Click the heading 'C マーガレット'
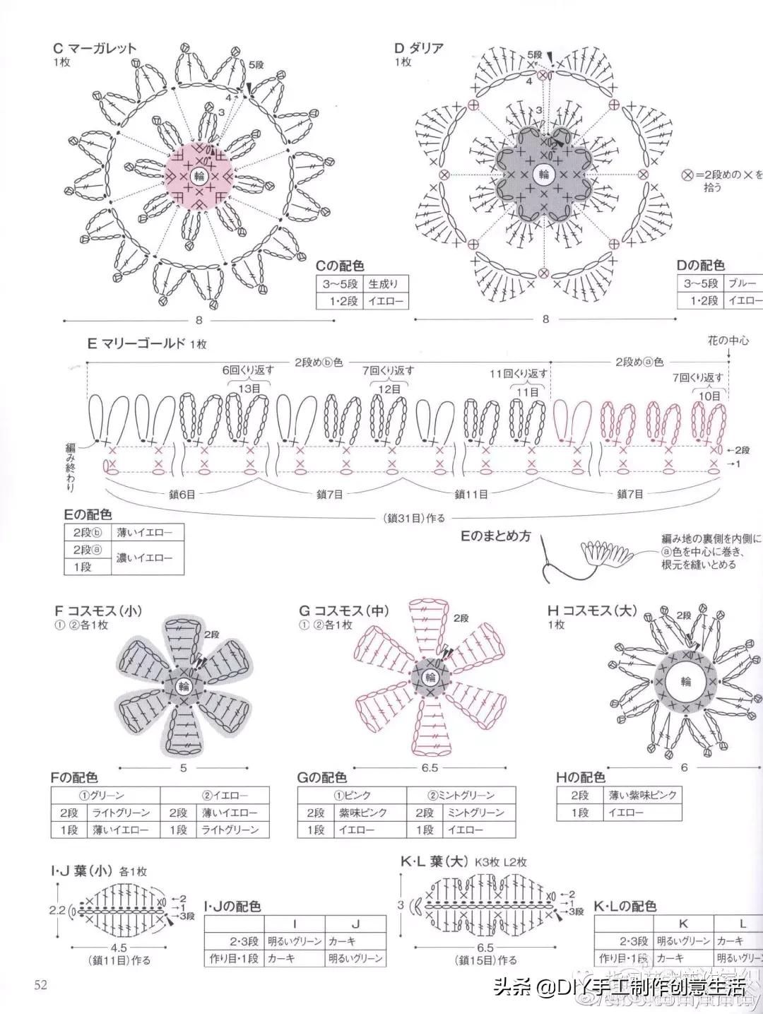pyautogui.click(x=95, y=49)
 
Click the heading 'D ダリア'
pyautogui.click(x=419, y=49)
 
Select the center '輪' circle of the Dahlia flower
pyautogui.click(x=543, y=174)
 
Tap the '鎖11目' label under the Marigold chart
pyautogui.click(x=471, y=494)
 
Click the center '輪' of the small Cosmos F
pyautogui.click(x=184, y=686)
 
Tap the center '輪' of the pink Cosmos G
pyautogui.click(x=430, y=678)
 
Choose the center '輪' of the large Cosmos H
pyautogui.click(x=685, y=681)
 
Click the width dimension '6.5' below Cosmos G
pyautogui.click(x=430, y=767)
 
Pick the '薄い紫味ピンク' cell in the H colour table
pyautogui.click(x=643, y=795)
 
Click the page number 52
pyautogui.click(x=40, y=984)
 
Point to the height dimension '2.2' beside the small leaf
pyautogui.click(x=57, y=911)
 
